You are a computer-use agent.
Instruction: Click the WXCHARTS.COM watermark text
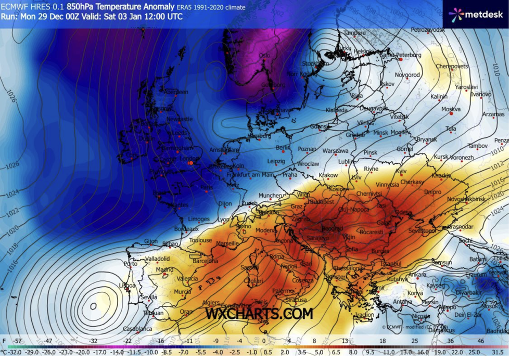click(259, 313)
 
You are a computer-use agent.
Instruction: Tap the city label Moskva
click(451, 109)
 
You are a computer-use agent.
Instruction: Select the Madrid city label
click(164, 269)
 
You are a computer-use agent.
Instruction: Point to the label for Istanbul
click(391, 264)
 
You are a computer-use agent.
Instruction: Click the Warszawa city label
click(335, 150)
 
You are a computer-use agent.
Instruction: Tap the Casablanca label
click(137, 329)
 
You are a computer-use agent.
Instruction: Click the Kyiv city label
click(401, 171)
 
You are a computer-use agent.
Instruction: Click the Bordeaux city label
click(186, 229)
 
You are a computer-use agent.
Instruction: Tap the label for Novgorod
click(407, 75)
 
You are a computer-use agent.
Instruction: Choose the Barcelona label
click(205, 261)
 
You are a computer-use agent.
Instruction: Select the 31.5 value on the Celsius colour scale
click(498, 353)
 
